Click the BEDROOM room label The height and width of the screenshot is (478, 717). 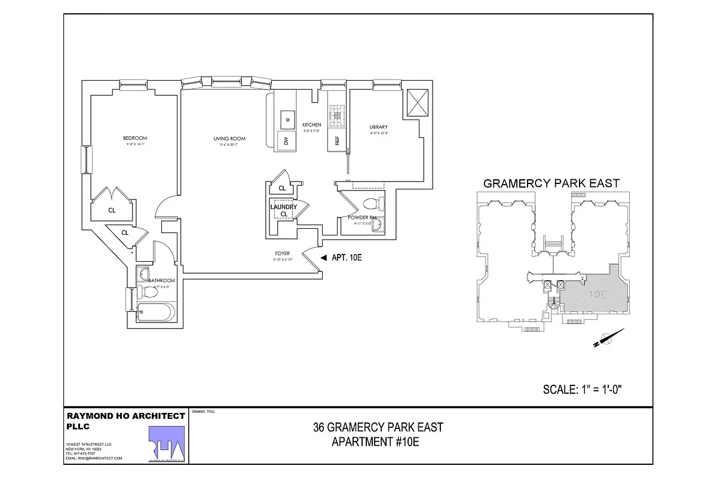(x=136, y=138)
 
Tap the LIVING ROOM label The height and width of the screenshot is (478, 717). (x=229, y=139)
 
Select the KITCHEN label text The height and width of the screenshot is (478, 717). (x=311, y=125)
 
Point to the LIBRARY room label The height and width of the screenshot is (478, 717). (x=379, y=127)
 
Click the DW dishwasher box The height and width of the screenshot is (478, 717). (x=286, y=141)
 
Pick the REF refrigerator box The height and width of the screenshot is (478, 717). (x=337, y=141)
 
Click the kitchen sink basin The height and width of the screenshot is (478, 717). (x=287, y=119)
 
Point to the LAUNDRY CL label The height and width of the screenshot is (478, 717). (x=283, y=210)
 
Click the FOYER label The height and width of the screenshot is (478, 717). (x=283, y=253)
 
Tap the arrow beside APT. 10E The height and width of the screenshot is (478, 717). (x=323, y=258)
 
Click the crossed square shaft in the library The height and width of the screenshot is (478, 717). (x=417, y=103)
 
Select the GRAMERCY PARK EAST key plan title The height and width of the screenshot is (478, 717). (x=551, y=183)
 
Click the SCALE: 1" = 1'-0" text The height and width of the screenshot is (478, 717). (x=583, y=390)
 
